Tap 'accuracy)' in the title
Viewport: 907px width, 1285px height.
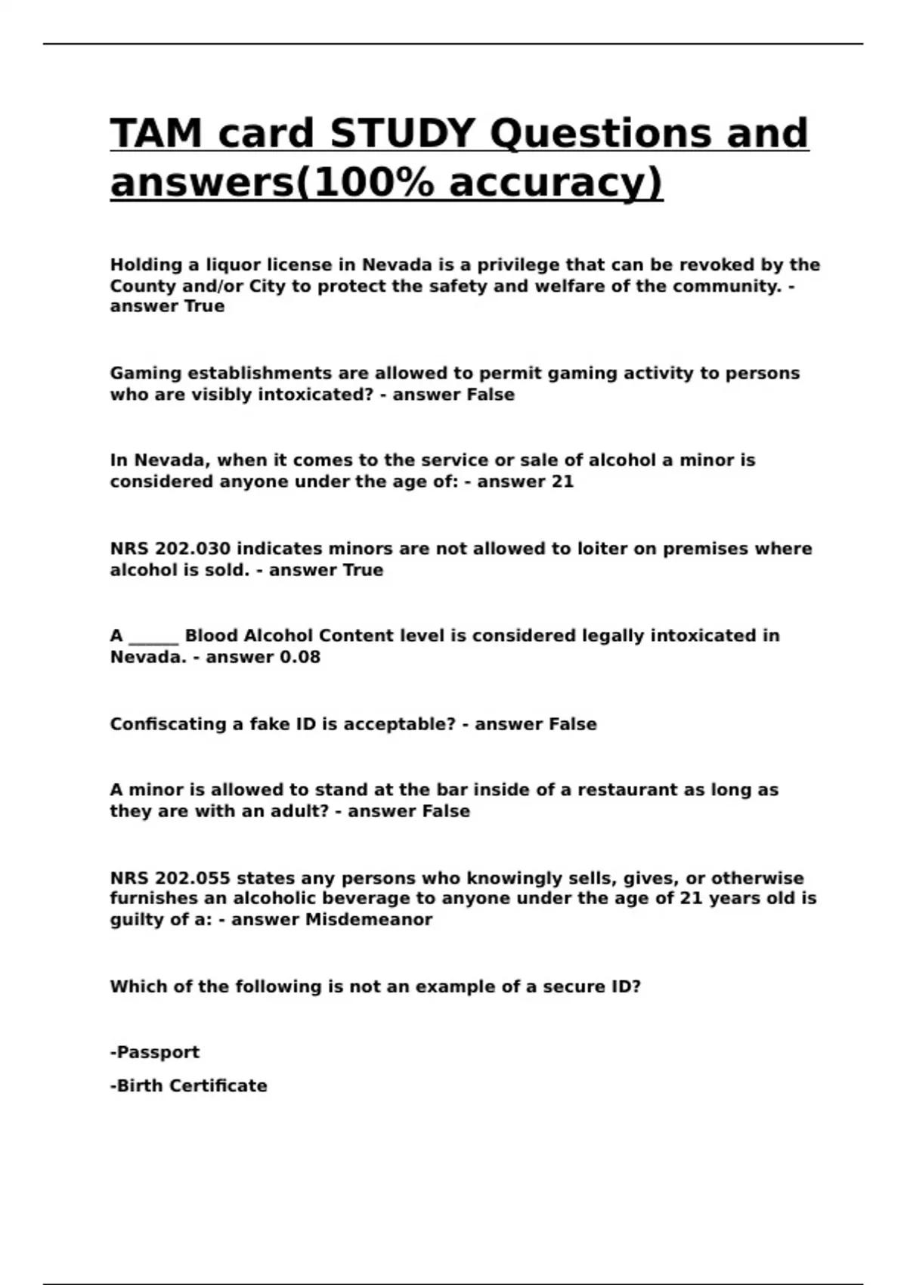(556, 182)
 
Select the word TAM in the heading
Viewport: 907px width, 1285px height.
(156, 134)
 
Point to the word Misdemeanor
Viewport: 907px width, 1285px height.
(369, 920)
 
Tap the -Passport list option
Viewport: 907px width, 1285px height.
(155, 1052)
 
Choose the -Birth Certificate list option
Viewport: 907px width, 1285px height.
(189, 1085)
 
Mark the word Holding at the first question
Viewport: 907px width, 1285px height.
(147, 265)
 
